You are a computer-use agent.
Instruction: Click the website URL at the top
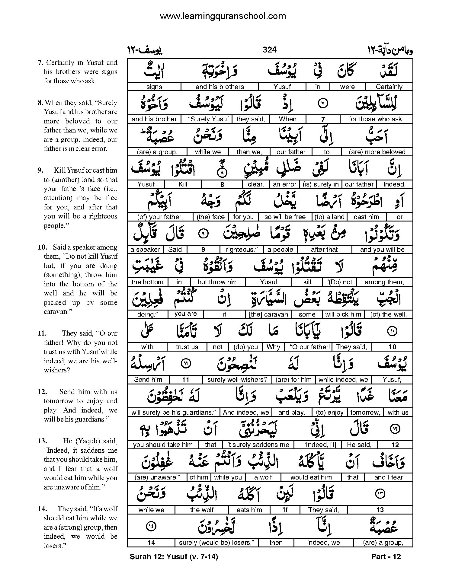223,16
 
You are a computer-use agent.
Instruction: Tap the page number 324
270,50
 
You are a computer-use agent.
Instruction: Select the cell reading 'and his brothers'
220,87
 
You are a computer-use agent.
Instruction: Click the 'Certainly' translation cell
389,87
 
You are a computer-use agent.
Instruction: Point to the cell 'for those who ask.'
376,119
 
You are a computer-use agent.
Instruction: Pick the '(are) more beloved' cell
377,152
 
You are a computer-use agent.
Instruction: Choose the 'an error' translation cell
284,184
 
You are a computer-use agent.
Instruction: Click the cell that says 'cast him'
366,217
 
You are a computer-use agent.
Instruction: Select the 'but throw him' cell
217,282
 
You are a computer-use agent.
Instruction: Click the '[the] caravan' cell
268,314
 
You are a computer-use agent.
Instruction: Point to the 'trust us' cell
187,347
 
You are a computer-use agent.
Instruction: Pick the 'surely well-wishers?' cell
237,380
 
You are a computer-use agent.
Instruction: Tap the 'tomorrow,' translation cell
365,412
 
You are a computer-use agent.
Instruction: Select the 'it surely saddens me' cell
258,445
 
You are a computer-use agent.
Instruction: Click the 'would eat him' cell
311,477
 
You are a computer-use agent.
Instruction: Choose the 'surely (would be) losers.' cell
216,543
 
